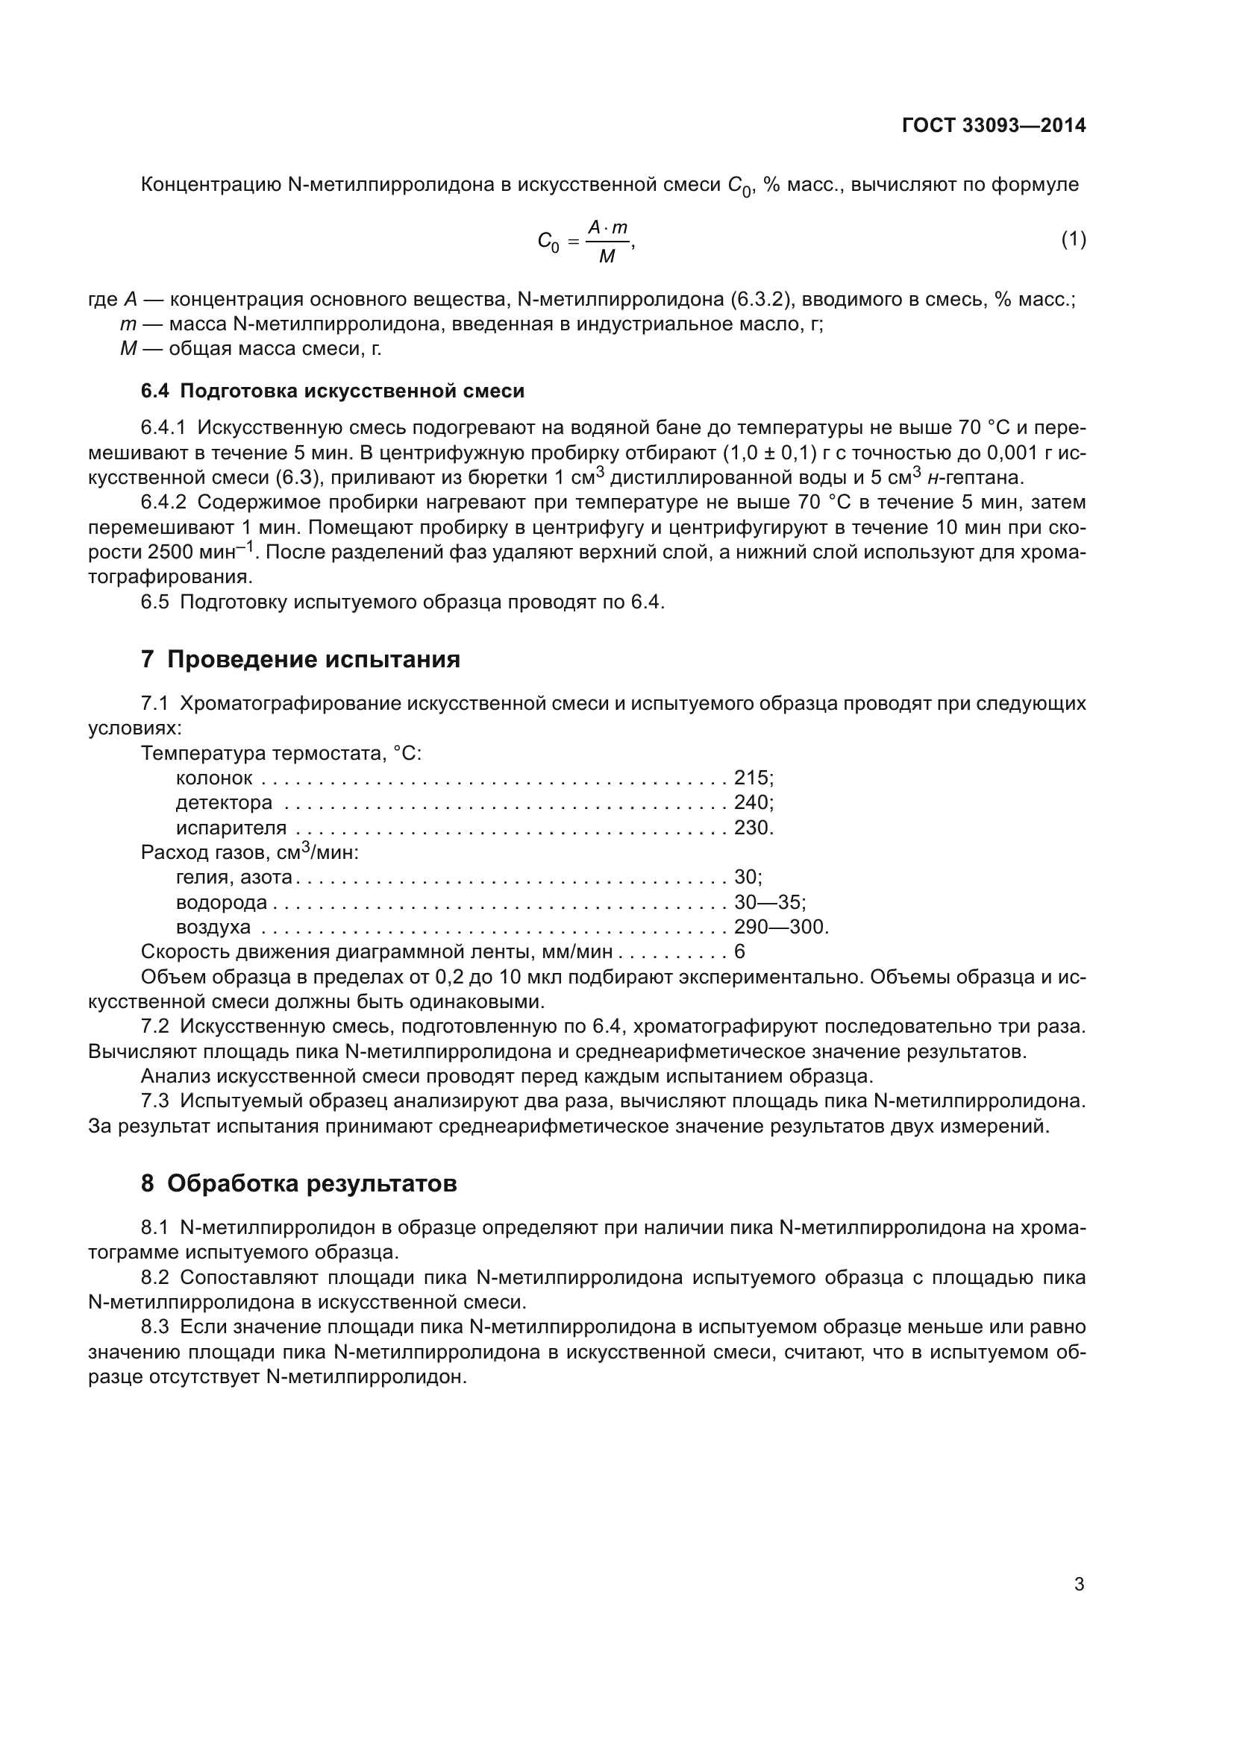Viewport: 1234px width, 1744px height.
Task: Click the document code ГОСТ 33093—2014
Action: pos(993,125)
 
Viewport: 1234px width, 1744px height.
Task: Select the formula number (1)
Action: pos(1073,240)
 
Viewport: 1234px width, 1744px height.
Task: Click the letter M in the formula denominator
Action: pos(607,257)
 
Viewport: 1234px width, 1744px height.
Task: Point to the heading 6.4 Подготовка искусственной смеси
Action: pos(333,391)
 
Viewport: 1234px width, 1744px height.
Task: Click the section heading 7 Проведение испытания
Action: pos(300,659)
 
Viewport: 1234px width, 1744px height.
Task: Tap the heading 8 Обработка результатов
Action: pos(298,1183)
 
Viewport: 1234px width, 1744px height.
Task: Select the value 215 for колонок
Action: pos(751,778)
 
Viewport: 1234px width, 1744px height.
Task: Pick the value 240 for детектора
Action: pos(751,803)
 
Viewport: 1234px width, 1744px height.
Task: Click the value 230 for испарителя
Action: pos(751,828)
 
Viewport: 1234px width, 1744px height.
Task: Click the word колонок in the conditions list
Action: pos(213,778)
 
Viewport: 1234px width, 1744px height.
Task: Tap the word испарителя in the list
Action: pos(231,828)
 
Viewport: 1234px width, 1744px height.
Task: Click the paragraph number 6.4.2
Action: pos(163,503)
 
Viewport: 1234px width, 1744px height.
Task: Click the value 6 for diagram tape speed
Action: pos(739,952)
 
